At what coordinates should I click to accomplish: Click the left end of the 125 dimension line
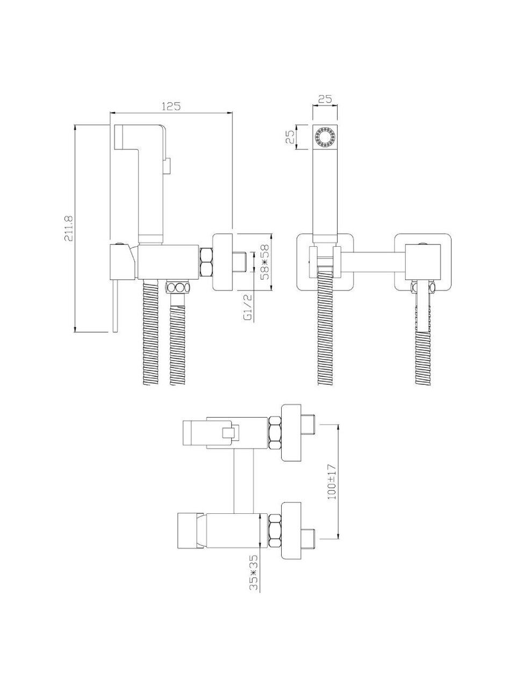(x=110, y=113)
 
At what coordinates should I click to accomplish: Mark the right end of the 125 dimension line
(x=232, y=113)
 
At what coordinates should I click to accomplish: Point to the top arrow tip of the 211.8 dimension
(x=75, y=125)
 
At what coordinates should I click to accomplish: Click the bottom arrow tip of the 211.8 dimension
(x=75, y=332)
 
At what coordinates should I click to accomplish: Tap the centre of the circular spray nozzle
(x=325, y=137)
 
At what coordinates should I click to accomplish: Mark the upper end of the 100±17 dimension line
(x=339, y=425)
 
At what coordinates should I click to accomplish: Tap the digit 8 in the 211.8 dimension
(x=69, y=218)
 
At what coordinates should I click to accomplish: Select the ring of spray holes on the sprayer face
(x=325, y=137)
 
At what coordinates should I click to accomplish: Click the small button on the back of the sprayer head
(x=167, y=166)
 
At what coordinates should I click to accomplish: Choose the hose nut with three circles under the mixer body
(x=177, y=287)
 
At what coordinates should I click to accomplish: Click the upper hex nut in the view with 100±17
(x=275, y=433)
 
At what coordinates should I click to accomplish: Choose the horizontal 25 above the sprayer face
(x=325, y=99)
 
